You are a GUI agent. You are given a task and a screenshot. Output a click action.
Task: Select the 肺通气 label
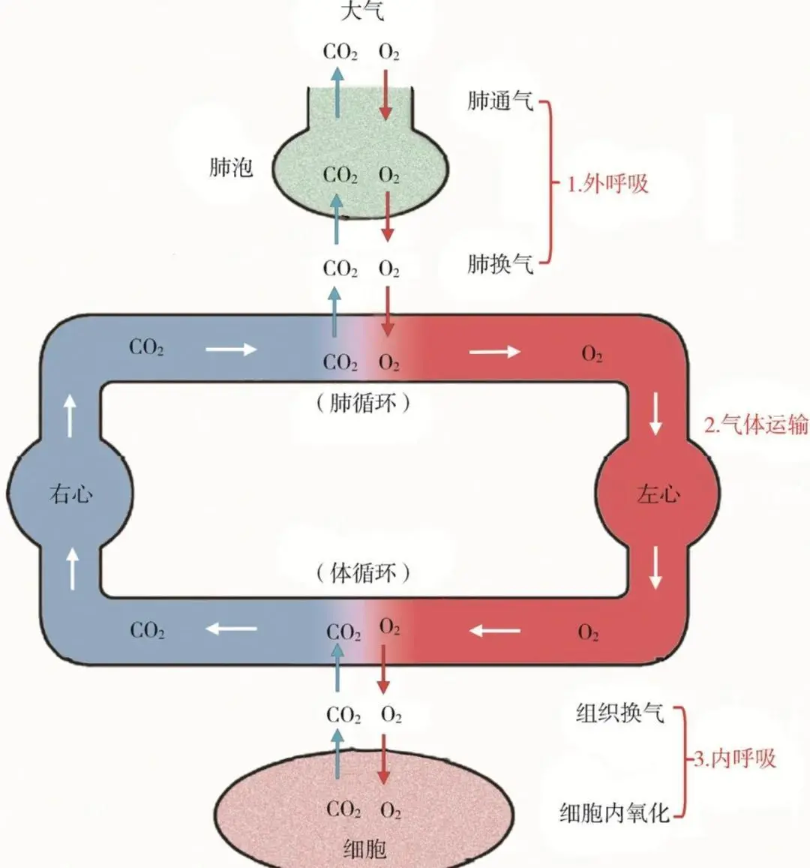499,101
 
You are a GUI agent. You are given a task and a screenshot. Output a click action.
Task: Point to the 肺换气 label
499,263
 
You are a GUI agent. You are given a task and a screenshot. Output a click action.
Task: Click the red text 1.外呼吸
607,183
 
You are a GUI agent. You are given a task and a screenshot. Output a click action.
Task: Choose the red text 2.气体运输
756,425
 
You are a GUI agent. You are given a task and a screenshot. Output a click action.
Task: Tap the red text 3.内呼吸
734,758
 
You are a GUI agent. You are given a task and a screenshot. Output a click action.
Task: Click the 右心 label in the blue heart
70,494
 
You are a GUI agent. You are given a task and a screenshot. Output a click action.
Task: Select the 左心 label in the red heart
658,494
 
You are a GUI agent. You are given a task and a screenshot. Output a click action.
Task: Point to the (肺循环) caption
363,404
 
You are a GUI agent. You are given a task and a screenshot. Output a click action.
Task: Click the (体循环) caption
363,573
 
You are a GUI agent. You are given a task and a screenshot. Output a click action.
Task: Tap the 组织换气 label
619,713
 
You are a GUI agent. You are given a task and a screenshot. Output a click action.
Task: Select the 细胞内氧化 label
614,812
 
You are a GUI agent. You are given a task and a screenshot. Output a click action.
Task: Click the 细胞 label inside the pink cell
364,848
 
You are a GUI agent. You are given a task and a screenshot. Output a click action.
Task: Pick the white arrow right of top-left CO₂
231,349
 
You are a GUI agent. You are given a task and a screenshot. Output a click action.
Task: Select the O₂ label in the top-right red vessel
592,353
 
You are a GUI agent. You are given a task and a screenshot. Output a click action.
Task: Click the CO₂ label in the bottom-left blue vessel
147,630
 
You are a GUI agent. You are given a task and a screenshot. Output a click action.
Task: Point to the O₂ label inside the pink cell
391,811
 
